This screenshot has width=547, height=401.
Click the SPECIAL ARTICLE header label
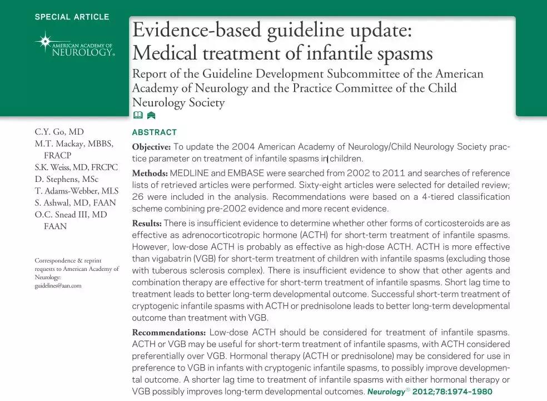[72, 17]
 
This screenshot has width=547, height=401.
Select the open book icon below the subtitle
[138, 116]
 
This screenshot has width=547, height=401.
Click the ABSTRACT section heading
[154, 132]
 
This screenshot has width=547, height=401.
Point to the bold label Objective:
[151, 147]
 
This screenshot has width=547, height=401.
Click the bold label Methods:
[150, 173]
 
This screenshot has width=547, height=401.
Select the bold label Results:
[147, 224]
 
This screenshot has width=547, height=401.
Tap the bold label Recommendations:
[168, 333]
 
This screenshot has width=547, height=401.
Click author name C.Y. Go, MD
[59, 132]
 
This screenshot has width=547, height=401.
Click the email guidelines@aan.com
[58, 285]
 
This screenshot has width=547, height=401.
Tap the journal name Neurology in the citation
[385, 392]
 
